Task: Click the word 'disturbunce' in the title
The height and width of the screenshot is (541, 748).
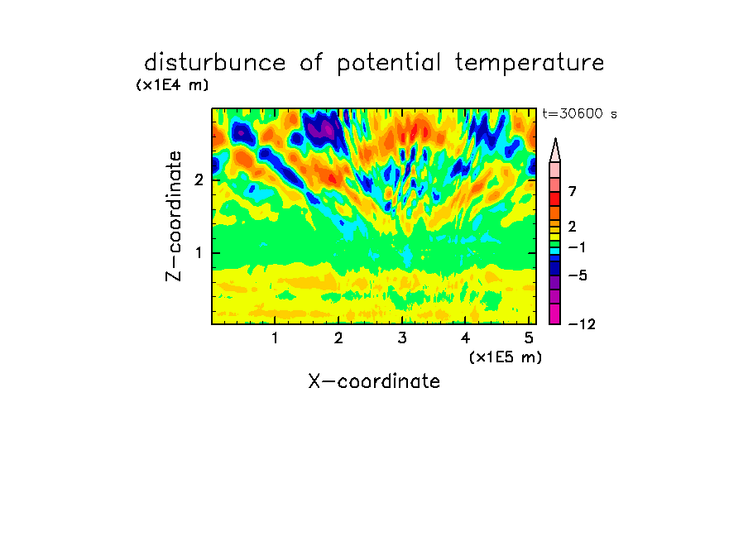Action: [x=214, y=62]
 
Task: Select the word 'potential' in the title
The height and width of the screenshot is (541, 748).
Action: [x=388, y=64]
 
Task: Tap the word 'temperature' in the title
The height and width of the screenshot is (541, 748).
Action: [x=530, y=63]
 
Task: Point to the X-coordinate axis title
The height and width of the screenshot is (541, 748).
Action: [x=374, y=381]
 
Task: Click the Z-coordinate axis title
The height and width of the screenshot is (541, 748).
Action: [x=173, y=216]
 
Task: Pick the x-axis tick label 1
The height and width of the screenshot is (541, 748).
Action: [x=276, y=338]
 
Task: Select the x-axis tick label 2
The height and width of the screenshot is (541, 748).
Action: [x=338, y=338]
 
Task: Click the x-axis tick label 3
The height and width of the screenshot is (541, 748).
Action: [x=402, y=338]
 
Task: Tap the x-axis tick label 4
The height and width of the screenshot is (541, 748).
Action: [x=466, y=338]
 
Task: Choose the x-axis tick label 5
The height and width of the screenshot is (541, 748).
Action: [x=529, y=338]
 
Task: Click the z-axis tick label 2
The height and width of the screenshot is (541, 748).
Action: [x=199, y=180]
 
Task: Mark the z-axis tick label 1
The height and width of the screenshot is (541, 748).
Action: [x=199, y=253]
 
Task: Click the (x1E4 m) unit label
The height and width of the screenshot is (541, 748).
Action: [x=172, y=85]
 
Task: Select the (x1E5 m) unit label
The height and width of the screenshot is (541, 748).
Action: [x=506, y=357]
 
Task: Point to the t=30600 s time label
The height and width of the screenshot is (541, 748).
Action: [x=580, y=113]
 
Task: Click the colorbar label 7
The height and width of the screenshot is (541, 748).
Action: [x=573, y=191]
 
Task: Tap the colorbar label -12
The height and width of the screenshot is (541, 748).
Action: [x=582, y=324]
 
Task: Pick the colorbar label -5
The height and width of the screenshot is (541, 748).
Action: [x=578, y=275]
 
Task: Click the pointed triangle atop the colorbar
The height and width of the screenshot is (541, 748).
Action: [x=555, y=151]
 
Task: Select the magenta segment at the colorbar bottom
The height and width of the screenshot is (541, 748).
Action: [x=555, y=314]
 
